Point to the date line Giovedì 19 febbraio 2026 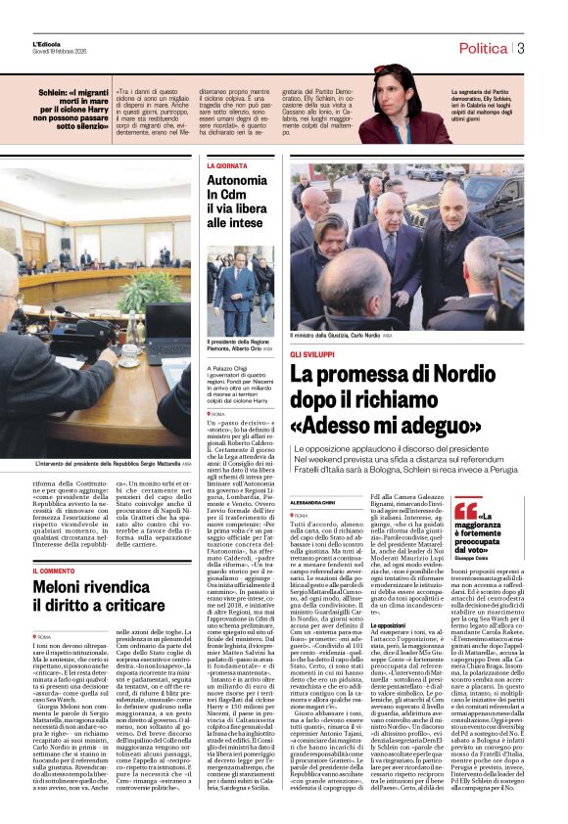(x=61, y=53)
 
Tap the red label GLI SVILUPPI (x=312, y=352)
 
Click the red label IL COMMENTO (x=61, y=571)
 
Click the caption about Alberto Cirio (x=239, y=343)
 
